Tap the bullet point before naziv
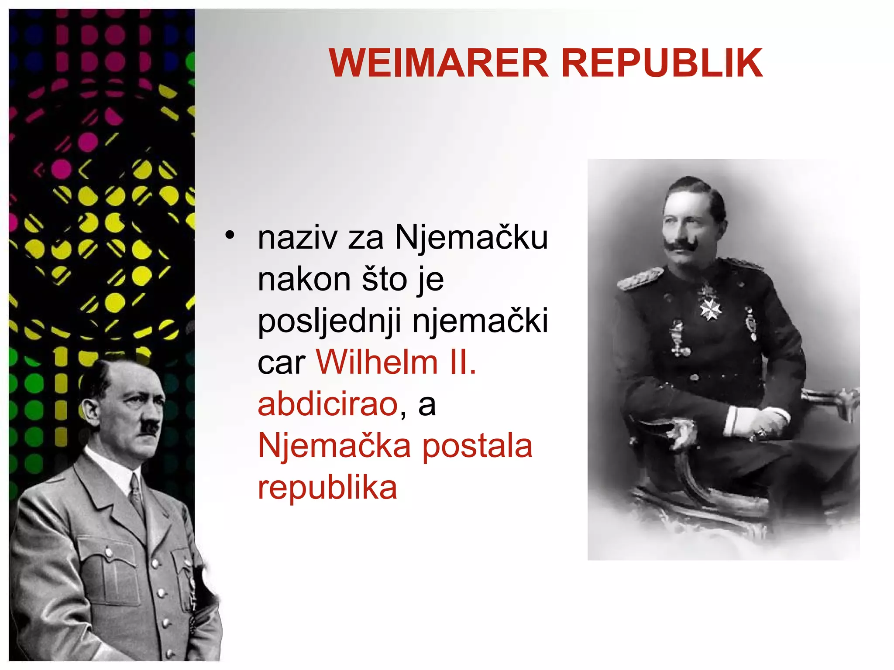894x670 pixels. pyautogui.click(x=230, y=236)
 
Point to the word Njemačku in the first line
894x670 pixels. pyautogui.click(x=471, y=239)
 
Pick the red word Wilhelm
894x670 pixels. pyautogui.click(x=377, y=362)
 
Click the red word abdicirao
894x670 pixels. pyautogui.click(x=327, y=404)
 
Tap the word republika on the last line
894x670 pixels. pyautogui.click(x=327, y=488)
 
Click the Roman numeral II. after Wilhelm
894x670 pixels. pyautogui.click(x=464, y=362)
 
